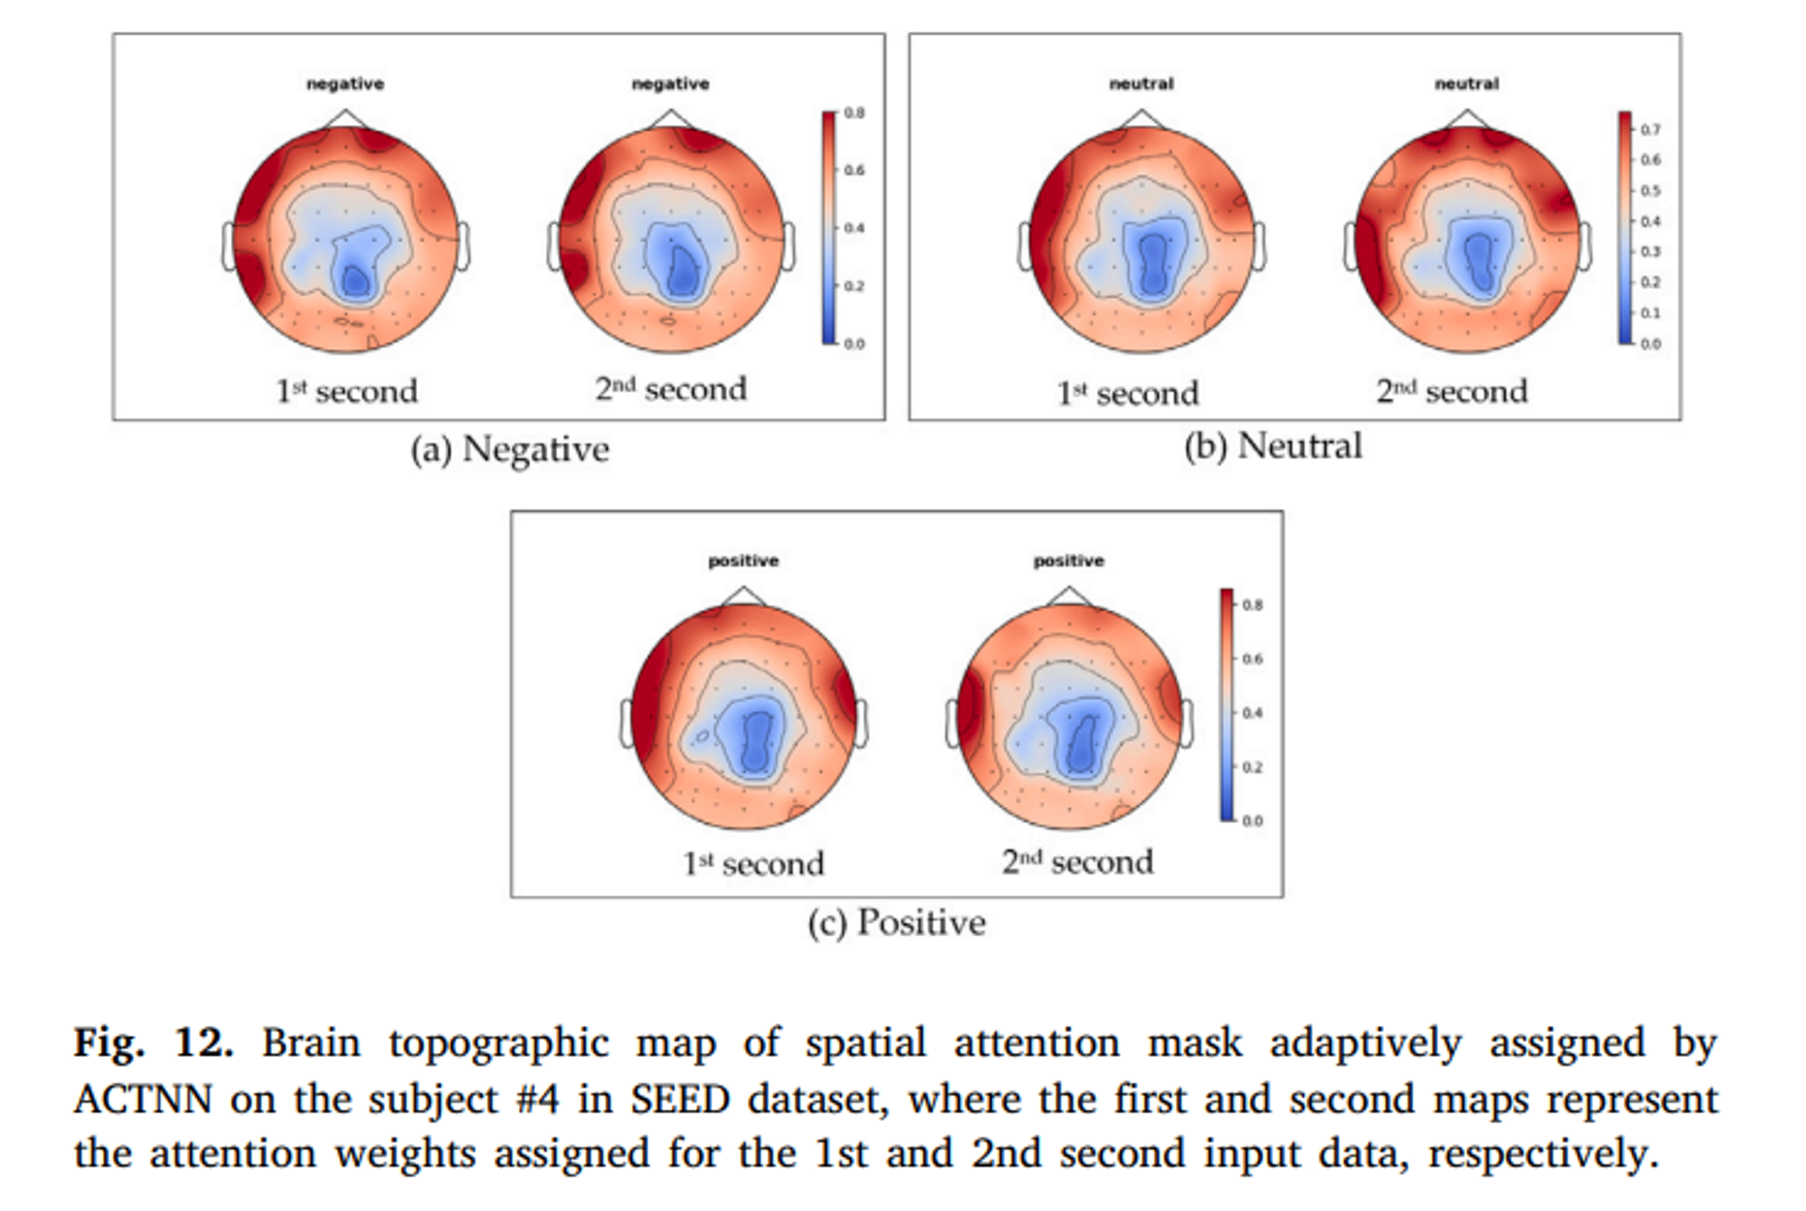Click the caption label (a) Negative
pos(510,449)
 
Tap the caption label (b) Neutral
pos(1272,446)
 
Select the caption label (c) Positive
pos(897,922)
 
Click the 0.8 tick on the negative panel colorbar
pos(853,114)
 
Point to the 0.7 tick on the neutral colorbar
pos(1650,130)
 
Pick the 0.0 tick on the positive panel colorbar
pos(1252,821)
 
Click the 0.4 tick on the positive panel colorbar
pos(1252,713)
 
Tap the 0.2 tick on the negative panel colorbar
pos(853,286)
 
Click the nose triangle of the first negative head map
pos(345,118)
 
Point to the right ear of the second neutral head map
pos(1585,246)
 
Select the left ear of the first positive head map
pos(627,723)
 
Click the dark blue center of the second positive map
pos(1080,745)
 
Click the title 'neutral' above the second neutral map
pos(1466,84)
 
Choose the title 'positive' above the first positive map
pos(743,561)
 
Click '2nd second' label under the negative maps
pos(671,389)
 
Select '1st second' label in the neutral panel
pos(1128,393)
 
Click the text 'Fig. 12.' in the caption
pos(154,1042)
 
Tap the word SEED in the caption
pos(679,1099)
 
